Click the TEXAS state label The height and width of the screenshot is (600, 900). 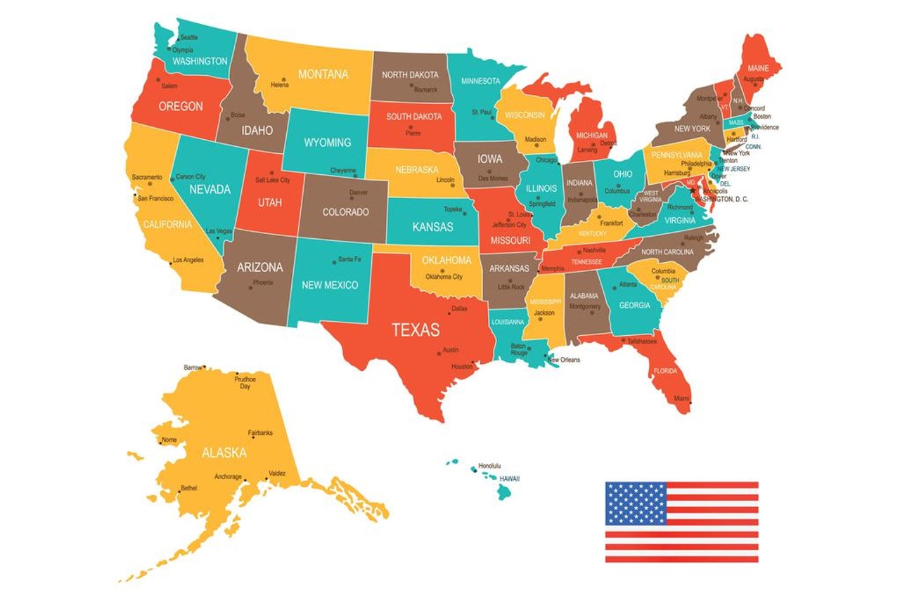[x=416, y=330]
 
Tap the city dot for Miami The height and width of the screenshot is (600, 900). [x=690, y=403]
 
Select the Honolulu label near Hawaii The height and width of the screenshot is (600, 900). [x=489, y=466]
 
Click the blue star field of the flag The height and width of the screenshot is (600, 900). [x=636, y=503]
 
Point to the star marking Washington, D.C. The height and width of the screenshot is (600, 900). [x=693, y=190]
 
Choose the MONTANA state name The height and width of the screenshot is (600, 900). [x=323, y=74]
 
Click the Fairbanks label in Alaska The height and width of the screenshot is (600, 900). [x=260, y=433]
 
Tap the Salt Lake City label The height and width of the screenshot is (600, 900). [x=272, y=181]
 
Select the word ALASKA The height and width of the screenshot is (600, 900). [x=224, y=452]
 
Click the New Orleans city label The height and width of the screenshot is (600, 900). [x=564, y=360]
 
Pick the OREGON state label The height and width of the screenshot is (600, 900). [x=181, y=106]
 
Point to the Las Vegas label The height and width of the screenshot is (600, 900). [x=219, y=231]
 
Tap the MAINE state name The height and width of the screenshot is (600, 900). [x=758, y=68]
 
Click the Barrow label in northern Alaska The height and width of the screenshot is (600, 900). [x=193, y=367]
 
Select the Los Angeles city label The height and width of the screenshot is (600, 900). [x=188, y=260]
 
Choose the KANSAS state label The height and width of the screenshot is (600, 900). [x=432, y=227]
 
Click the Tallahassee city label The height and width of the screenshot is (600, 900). [x=642, y=341]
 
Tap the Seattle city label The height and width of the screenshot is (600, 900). [x=189, y=37]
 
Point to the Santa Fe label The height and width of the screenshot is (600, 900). [x=349, y=259]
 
